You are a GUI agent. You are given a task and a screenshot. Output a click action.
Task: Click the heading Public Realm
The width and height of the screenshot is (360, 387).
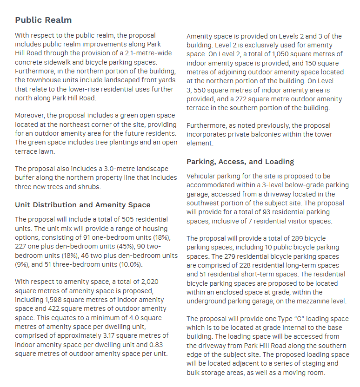43,20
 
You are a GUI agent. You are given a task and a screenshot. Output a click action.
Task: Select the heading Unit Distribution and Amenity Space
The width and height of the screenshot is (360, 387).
82,204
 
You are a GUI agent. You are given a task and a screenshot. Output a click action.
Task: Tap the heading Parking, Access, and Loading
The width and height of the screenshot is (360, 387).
240,162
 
